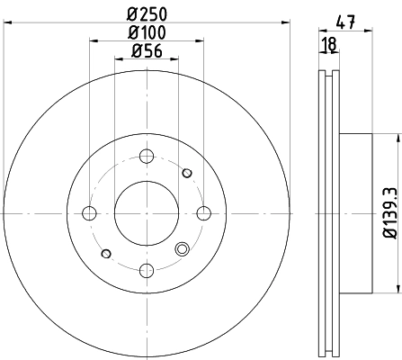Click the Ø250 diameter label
[147, 14]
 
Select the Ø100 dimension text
[147, 32]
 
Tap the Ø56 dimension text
[147, 51]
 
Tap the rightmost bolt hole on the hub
[204, 213]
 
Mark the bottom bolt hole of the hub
[147, 270]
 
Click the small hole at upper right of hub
[187, 174]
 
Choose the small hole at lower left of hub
[107, 253]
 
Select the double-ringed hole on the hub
[183, 250]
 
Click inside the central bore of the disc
[147, 213]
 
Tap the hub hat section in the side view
[356, 213]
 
